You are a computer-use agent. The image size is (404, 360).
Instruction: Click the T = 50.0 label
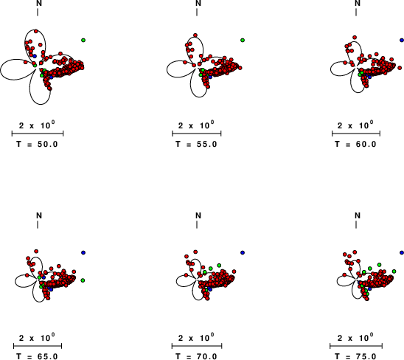(x=37, y=144)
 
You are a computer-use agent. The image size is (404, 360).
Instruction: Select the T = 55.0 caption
(x=196, y=144)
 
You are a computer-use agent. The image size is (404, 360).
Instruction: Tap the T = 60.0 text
(x=355, y=144)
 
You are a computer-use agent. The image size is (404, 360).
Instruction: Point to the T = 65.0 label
(x=37, y=356)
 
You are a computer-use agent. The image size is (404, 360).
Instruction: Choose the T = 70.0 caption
(x=196, y=356)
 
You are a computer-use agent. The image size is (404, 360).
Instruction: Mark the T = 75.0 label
(x=355, y=356)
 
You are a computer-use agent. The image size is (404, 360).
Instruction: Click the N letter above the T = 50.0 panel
(x=39, y=3)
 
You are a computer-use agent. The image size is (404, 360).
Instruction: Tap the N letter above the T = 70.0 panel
(x=198, y=215)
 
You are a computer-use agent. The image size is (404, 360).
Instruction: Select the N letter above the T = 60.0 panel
(x=358, y=3)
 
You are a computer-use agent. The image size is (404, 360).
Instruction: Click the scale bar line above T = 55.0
(x=197, y=134)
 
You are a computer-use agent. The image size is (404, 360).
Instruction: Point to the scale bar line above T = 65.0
(x=38, y=346)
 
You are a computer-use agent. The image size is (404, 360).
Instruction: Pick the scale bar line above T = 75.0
(x=356, y=346)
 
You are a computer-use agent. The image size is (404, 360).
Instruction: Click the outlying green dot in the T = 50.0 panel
(x=83, y=40)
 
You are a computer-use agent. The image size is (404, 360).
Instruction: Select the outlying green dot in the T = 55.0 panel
(x=243, y=40)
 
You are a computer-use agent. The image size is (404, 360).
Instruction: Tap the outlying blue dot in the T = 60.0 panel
(x=402, y=40)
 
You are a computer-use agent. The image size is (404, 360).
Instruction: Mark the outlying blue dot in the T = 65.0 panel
(x=83, y=252)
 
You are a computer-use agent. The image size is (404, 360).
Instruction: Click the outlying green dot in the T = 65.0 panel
(x=83, y=280)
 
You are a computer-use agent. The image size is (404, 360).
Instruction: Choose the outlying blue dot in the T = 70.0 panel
(x=243, y=252)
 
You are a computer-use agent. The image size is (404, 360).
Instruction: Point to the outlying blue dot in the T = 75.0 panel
(x=402, y=252)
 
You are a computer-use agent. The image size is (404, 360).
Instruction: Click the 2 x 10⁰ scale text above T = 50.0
(x=37, y=125)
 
